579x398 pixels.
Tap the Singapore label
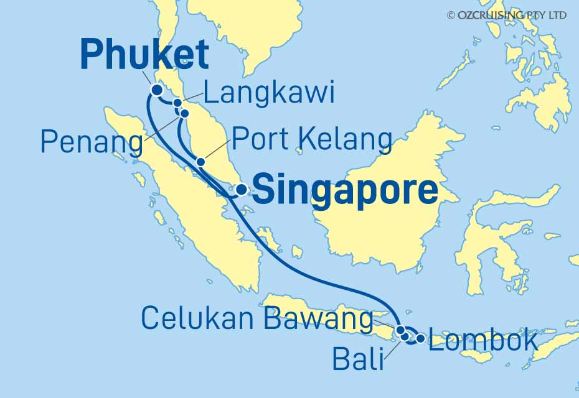point(346,190)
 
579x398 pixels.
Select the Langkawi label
point(270,94)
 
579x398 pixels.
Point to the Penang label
point(92,142)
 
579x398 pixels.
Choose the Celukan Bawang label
point(257,318)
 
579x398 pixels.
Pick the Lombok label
point(483,341)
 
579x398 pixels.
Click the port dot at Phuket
point(157,90)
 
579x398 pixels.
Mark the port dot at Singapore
point(240,190)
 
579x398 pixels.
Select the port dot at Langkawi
point(177,103)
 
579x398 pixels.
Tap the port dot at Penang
point(184,113)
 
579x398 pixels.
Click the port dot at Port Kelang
point(200,162)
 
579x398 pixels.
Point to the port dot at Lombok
point(421,338)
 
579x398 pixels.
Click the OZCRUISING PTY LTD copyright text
point(506,15)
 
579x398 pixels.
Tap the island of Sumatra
point(187,199)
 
